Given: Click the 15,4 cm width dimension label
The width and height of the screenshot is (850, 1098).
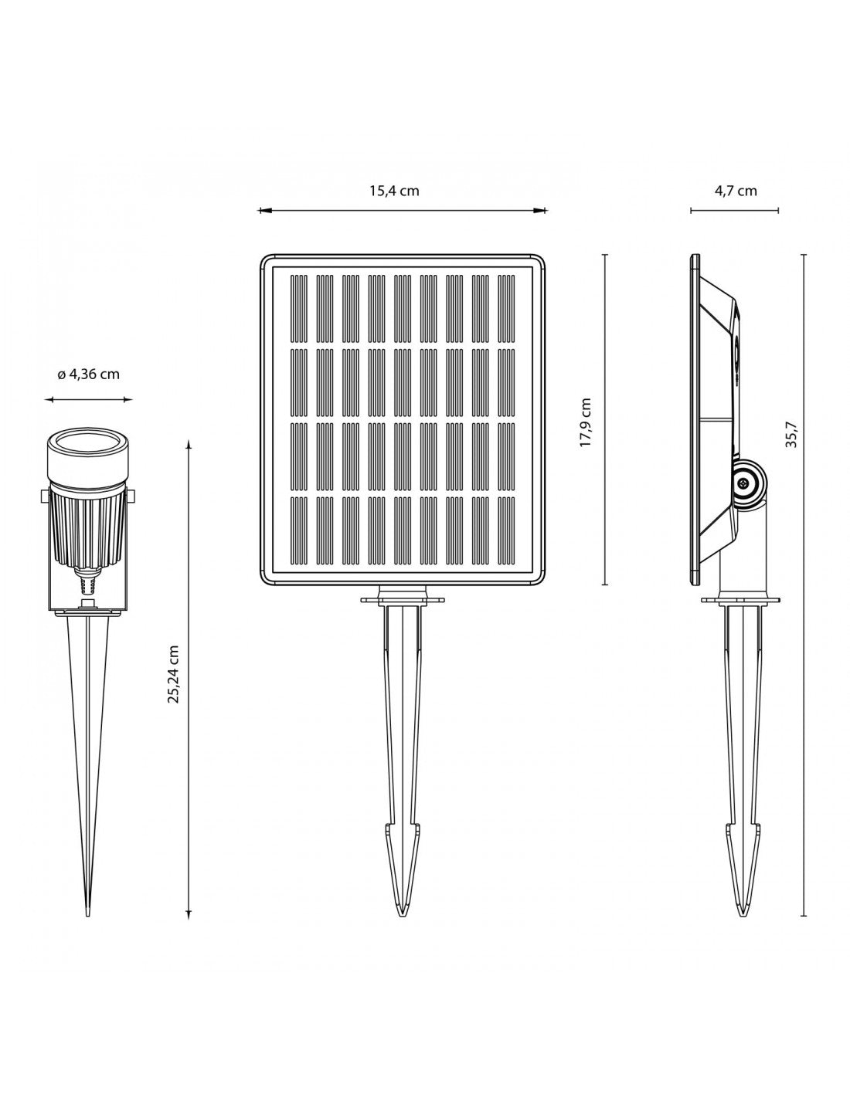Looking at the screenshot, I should coord(393,191).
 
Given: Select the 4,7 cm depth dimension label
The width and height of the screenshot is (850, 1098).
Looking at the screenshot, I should coord(734,191).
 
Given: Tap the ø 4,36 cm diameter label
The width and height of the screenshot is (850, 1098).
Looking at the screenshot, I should coord(88,374).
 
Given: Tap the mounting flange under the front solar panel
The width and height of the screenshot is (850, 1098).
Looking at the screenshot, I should coord(402,598).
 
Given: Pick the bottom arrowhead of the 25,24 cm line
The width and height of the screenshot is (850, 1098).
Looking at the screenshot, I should coord(190,915).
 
